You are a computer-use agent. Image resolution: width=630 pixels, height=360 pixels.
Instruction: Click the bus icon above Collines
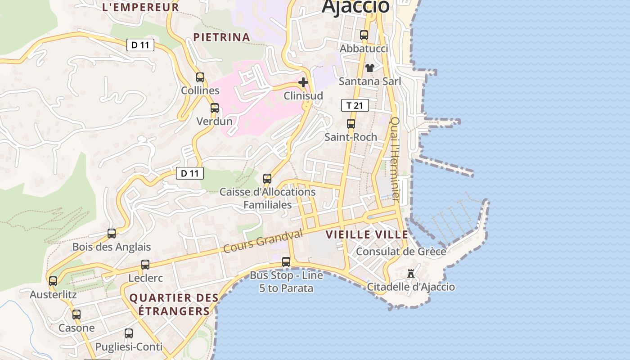(x=200, y=77)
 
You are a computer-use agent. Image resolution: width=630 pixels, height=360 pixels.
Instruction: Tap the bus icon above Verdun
(x=215, y=108)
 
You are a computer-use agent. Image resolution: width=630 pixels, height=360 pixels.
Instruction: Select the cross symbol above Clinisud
(x=303, y=82)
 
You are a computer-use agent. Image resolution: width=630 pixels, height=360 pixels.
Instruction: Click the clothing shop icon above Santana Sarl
(x=369, y=68)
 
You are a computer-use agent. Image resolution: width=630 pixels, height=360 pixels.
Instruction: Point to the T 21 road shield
(x=355, y=106)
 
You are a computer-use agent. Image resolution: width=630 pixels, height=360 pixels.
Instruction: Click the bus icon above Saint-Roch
(x=351, y=124)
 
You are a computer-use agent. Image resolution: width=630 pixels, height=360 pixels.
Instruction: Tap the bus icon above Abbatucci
(x=364, y=35)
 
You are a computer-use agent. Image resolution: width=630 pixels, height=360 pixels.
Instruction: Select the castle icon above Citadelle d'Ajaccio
(x=410, y=273)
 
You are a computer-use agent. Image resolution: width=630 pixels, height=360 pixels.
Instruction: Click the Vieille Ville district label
(x=367, y=234)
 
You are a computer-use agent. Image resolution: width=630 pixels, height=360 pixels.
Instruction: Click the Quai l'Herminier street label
(x=395, y=158)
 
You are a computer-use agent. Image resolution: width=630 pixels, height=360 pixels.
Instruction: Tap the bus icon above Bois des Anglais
(x=112, y=234)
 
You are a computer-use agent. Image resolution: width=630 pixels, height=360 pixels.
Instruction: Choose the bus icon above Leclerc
(x=145, y=265)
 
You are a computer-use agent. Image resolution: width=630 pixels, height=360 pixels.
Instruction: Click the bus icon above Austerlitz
(x=53, y=281)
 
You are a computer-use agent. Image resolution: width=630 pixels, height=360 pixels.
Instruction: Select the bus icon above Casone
(x=76, y=315)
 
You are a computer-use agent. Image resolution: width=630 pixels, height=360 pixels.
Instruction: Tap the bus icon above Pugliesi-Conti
(x=129, y=333)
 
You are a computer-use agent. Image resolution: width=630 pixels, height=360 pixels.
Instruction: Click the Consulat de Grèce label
(x=401, y=252)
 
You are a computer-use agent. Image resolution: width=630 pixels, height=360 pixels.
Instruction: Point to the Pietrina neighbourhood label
(x=221, y=37)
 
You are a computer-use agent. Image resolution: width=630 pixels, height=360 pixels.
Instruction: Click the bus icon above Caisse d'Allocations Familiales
(x=267, y=179)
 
